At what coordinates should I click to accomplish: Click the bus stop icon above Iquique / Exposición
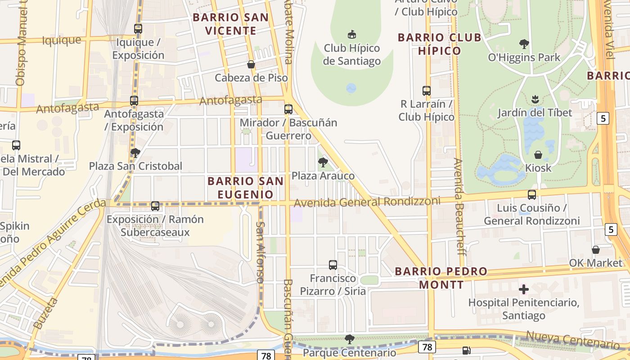[138, 29]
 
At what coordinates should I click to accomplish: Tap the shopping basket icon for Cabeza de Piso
[251, 65]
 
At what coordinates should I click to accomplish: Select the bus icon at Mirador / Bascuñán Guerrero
[288, 109]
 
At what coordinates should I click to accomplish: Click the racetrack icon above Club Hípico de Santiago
[352, 34]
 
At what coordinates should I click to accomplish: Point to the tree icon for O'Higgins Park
[524, 44]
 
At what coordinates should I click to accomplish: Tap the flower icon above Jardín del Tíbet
[535, 99]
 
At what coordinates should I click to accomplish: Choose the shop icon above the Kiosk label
[538, 155]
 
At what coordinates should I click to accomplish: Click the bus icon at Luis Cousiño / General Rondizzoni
[532, 195]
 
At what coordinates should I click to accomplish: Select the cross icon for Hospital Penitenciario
[523, 289]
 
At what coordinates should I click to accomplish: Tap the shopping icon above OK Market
[596, 250]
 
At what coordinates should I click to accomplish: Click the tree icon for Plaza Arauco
[323, 162]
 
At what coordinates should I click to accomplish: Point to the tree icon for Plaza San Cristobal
[135, 153]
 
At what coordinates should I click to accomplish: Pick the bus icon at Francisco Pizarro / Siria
[333, 265]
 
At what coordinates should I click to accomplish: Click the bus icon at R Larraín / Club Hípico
[427, 91]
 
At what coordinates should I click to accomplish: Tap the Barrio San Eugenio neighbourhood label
[246, 188]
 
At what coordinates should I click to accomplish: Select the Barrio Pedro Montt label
[441, 278]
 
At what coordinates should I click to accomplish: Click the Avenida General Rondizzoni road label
[367, 202]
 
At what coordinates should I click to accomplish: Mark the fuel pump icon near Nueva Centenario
[467, 350]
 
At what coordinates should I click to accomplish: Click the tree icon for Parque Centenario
[349, 339]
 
